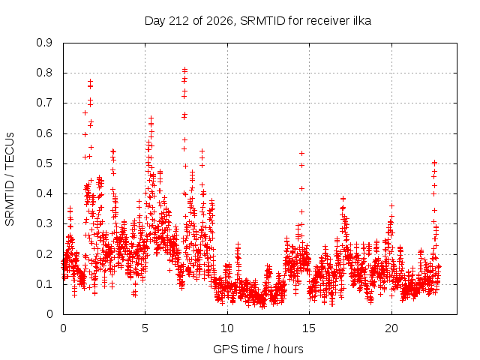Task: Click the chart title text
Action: pyautogui.click(x=258, y=21)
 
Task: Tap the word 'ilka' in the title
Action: pyautogui.click(x=362, y=20)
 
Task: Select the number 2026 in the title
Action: pyautogui.click(x=220, y=21)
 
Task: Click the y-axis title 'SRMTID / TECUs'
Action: pyautogui.click(x=10, y=179)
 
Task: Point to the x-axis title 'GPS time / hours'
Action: pyautogui.click(x=258, y=349)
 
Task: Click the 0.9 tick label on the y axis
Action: pyautogui.click(x=44, y=43)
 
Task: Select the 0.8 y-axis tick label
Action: pyautogui.click(x=44, y=73)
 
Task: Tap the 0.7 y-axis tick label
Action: pyautogui.click(x=44, y=103)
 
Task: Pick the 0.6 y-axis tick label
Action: pyautogui.click(x=44, y=133)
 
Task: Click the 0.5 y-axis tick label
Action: pyautogui.click(x=44, y=163)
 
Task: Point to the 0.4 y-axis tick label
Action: pyautogui.click(x=44, y=193)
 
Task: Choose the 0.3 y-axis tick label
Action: pyautogui.click(x=44, y=223)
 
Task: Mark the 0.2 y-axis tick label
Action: pyautogui.click(x=44, y=254)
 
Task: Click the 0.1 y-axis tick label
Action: pyautogui.click(x=44, y=284)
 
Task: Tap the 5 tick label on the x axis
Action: pyautogui.click(x=145, y=328)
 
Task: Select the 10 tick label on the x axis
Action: pyautogui.click(x=227, y=328)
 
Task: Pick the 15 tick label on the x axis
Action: pyautogui.click(x=309, y=328)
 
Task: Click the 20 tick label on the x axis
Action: pyautogui.click(x=391, y=328)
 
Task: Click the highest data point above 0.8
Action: pyautogui.click(x=184, y=70)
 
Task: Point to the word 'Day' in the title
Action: pyautogui.click(x=155, y=21)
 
